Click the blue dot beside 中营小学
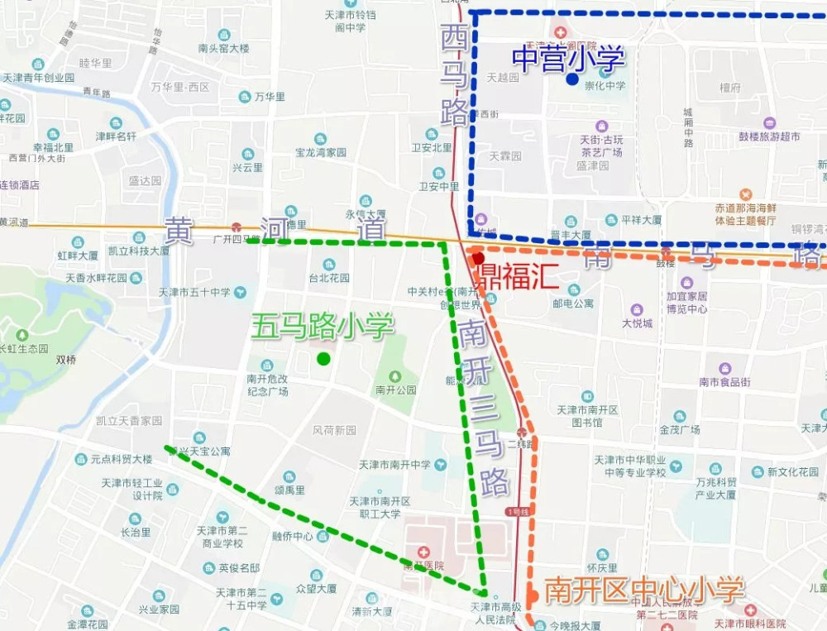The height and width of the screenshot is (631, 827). pos(571,79)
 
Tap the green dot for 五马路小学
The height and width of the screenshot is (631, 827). pos(323,358)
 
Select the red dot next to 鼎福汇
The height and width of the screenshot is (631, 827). pos(478,259)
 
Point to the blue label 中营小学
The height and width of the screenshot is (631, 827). pos(568,57)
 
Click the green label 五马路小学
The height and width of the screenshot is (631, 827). pos(322,326)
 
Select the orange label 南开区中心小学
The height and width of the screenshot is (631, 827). pos(644,590)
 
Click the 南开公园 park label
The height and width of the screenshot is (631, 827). pos(395,390)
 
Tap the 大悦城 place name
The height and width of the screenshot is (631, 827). pos(638,323)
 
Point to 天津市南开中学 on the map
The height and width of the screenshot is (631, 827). pos(394,465)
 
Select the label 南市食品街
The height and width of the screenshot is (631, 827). pos(724,381)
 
